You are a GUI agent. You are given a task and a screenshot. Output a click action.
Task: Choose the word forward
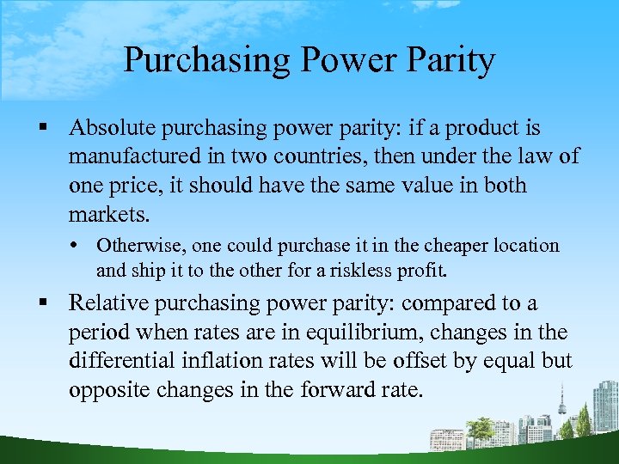[x=338, y=391]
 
